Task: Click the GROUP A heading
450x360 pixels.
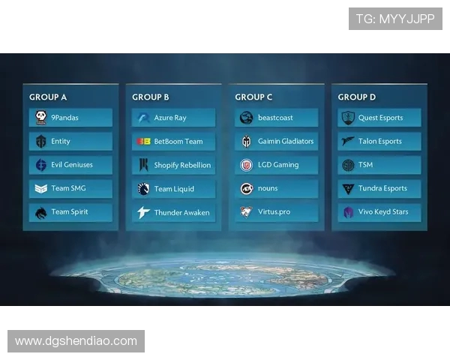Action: tap(48, 97)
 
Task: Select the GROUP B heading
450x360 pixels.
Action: tap(151, 97)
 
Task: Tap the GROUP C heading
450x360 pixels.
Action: tap(253, 97)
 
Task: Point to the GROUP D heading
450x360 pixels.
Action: tap(357, 97)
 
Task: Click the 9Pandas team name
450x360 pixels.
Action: tap(64, 118)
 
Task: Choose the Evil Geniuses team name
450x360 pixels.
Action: tap(72, 165)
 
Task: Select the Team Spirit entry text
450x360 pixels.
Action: tap(70, 212)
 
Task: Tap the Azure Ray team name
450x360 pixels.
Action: tap(170, 118)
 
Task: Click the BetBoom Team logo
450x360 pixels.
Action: tap(143, 141)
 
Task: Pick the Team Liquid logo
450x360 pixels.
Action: tap(143, 189)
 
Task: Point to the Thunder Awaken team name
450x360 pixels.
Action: tap(181, 213)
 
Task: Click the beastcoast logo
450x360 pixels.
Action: tap(246, 118)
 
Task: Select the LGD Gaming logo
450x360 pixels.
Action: tap(246, 165)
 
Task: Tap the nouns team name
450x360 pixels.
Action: tap(268, 189)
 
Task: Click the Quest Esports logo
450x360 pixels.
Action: tap(348, 118)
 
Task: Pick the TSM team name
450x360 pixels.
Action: tap(365, 165)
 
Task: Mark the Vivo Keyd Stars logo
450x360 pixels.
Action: tap(348, 213)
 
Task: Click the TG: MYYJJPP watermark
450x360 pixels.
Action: tap(395, 19)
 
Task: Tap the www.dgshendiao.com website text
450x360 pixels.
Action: tap(76, 341)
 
